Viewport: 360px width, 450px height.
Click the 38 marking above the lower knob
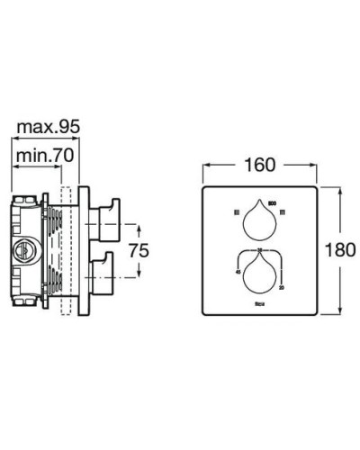click(259, 247)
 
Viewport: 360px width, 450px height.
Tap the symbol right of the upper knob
click(283, 214)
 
